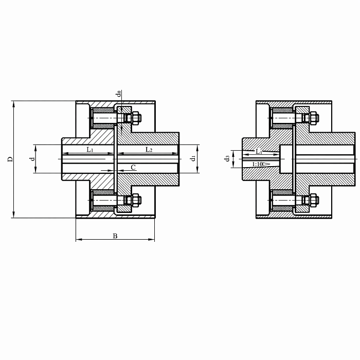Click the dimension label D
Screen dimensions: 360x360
10,159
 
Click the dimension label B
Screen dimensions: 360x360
115,236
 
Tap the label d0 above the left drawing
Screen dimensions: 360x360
118,94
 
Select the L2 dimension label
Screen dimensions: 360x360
149,150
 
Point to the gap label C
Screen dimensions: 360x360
133,167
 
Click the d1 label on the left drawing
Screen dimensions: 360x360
193,158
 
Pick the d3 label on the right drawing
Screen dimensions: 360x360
227,158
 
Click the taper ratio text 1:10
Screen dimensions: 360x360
257,164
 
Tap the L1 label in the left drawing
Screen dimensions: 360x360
90,150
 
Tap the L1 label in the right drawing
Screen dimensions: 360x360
259,151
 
